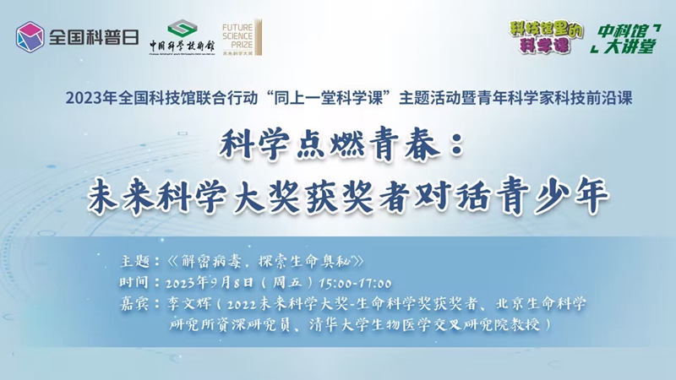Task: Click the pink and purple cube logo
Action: pos(30,37)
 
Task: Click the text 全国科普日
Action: pos(94,37)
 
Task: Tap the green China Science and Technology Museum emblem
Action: pos(183,28)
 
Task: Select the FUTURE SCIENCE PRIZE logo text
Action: pos(237,35)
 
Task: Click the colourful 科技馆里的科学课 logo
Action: pos(545,37)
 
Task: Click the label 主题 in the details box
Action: pos(135,261)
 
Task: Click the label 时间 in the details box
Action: pos(134,283)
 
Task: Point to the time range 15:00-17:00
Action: pos(355,283)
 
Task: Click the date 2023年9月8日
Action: pos(210,283)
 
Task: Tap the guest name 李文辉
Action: pos(189,304)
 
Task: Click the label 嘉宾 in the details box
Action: pos(134,304)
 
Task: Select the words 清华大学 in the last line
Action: pos(339,324)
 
